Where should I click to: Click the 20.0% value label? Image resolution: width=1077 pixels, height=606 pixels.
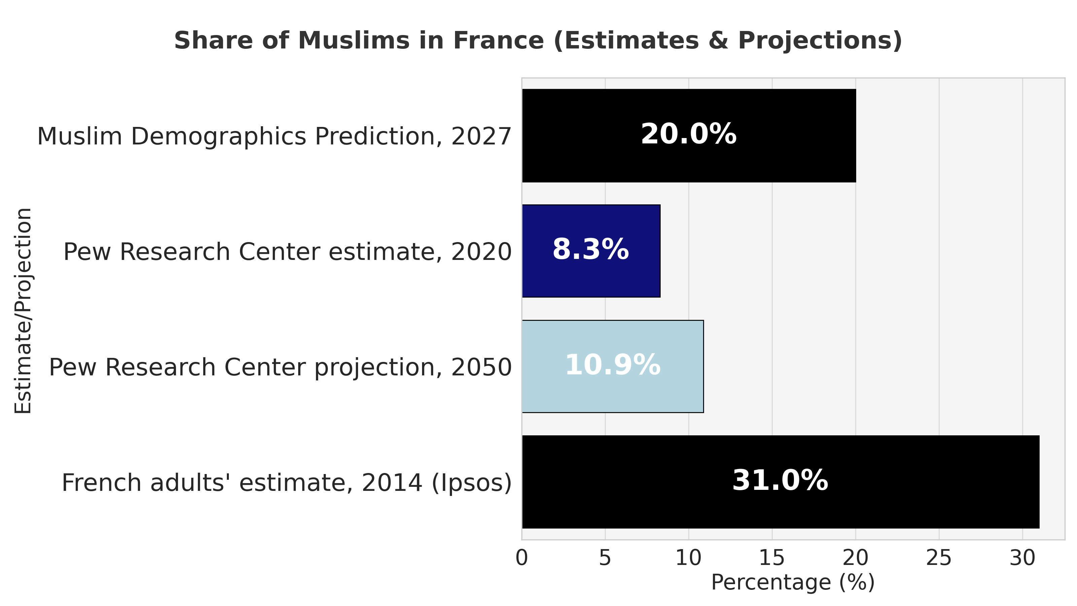click(689, 135)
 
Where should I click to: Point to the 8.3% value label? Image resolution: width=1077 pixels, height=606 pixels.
click(590, 250)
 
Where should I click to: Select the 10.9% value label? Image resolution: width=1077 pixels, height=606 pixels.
click(613, 365)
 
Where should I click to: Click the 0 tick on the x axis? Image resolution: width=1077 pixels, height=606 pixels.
click(522, 558)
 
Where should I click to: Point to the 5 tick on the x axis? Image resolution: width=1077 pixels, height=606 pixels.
click(605, 558)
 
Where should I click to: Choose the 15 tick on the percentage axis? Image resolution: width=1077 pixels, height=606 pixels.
click(772, 558)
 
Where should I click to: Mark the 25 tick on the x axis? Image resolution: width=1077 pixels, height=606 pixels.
click(939, 558)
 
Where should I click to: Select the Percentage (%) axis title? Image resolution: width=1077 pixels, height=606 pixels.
click(793, 582)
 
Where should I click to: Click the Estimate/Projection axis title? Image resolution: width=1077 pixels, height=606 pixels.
click(23, 310)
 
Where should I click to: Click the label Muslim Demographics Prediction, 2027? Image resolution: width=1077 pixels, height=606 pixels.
click(274, 136)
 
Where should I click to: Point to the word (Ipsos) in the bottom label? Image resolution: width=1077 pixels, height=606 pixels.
click(471, 483)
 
